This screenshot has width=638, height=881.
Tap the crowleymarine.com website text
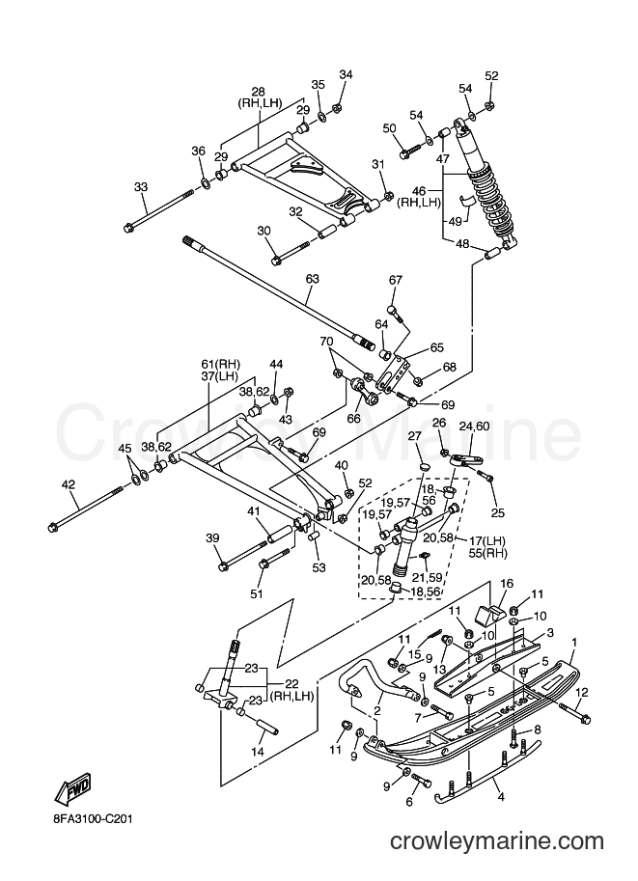pyautogui.click(x=496, y=841)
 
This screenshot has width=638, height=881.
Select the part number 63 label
pyautogui.click(x=312, y=279)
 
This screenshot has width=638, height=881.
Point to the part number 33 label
pyautogui.click(x=141, y=186)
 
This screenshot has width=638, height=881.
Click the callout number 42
pyautogui.click(x=69, y=484)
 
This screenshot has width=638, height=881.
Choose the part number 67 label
pyautogui.click(x=396, y=280)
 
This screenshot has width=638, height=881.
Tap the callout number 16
pyautogui.click(x=507, y=584)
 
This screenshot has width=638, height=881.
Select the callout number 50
pyautogui.click(x=390, y=128)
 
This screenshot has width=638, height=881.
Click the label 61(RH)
pyautogui.click(x=220, y=363)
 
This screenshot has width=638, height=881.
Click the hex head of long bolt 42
pyautogui.click(x=53, y=527)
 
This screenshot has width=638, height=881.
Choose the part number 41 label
pyautogui.click(x=254, y=511)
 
